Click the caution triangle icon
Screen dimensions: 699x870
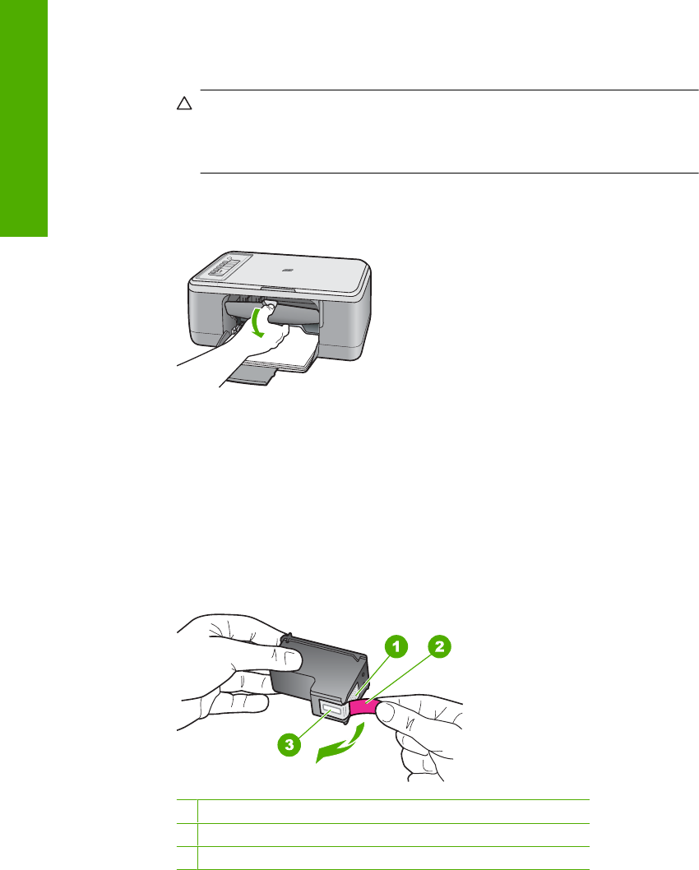click(x=184, y=104)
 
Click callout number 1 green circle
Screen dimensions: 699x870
click(x=396, y=646)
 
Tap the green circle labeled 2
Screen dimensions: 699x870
click(x=439, y=646)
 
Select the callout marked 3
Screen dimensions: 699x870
click(x=289, y=745)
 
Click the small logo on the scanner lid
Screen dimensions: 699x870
click(x=285, y=271)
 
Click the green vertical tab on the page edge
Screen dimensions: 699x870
click(x=24, y=118)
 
